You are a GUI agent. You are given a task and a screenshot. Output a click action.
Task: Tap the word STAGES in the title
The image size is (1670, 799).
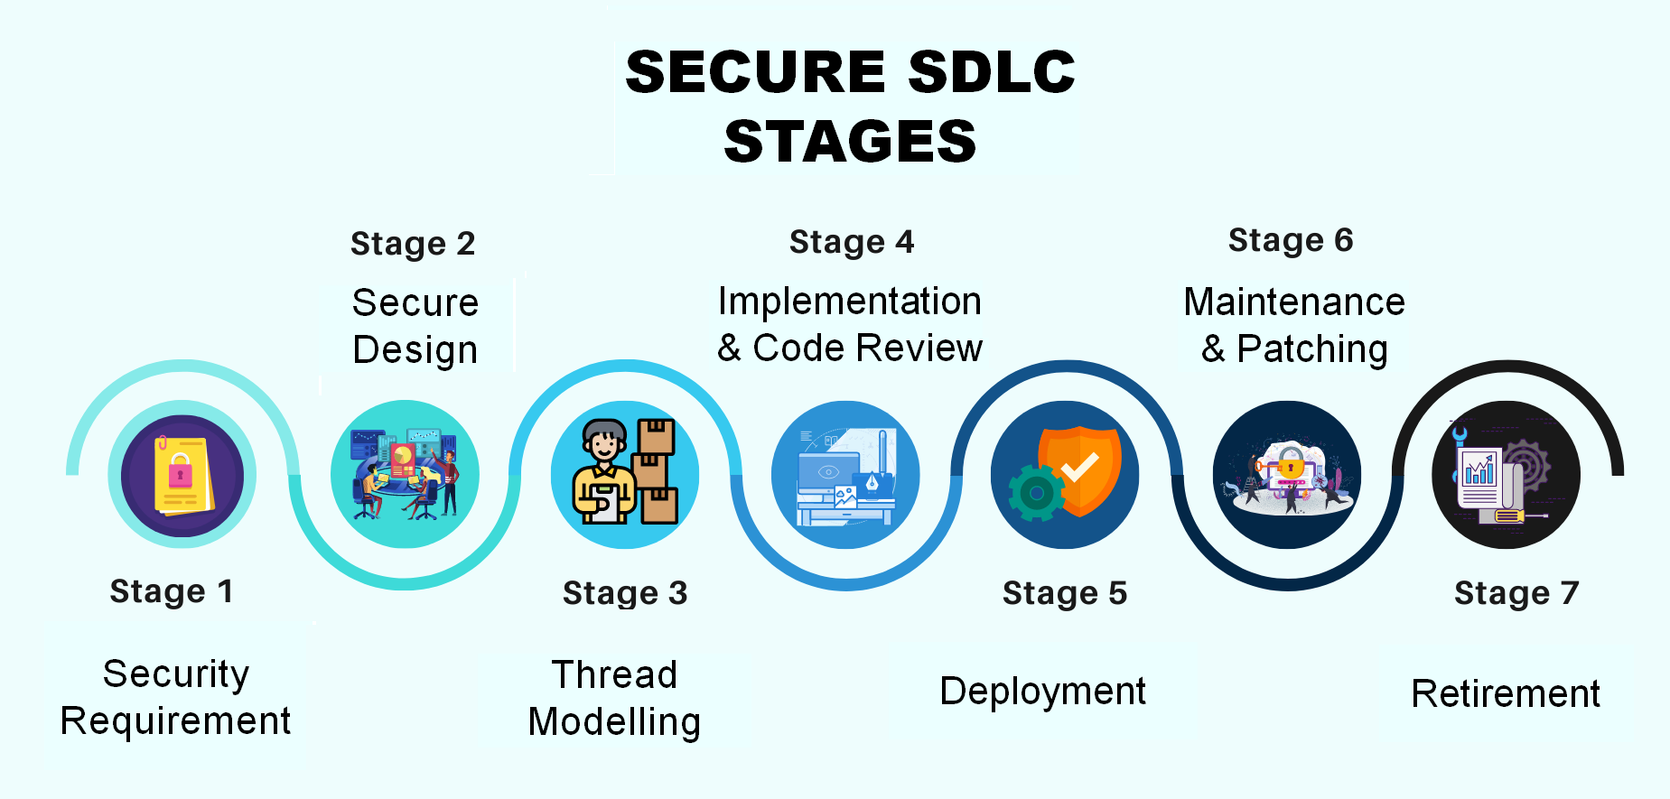tap(850, 142)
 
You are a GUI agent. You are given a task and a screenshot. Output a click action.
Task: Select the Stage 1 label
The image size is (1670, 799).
tap(172, 591)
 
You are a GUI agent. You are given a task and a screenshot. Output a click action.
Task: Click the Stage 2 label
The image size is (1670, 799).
tap(413, 244)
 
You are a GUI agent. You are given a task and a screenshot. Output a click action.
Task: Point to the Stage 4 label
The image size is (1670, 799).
tap(852, 242)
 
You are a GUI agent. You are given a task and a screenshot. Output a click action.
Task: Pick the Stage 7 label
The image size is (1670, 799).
tap(1516, 593)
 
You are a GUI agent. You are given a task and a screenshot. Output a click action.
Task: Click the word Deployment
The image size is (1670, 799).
tap(1042, 692)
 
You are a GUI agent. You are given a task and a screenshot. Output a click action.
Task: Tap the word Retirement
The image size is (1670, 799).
tap(1506, 694)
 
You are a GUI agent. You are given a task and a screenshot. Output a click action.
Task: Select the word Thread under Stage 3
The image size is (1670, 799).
tap(614, 674)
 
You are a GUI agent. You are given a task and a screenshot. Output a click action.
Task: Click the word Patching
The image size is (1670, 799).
tap(1311, 349)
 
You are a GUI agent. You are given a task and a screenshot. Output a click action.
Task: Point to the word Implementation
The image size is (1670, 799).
tap(849, 302)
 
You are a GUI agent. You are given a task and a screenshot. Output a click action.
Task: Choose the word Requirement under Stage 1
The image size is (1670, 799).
tap(175, 721)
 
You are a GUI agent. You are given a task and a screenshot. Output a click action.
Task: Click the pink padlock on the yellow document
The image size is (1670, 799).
tap(181, 471)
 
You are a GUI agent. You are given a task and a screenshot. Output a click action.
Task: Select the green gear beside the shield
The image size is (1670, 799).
tap(1036, 493)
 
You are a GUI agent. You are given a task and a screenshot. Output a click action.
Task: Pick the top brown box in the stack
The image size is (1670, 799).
tap(656, 436)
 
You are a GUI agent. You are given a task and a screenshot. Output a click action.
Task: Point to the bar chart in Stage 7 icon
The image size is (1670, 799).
tap(1479, 470)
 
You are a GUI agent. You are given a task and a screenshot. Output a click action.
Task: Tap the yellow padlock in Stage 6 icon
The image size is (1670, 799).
tap(1290, 467)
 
